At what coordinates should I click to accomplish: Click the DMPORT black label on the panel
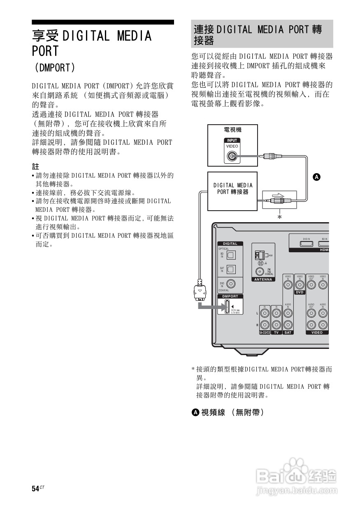(x=230, y=296)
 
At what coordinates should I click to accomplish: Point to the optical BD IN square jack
(x=231, y=255)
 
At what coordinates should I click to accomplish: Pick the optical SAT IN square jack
(x=231, y=269)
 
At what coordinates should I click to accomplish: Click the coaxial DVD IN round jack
(x=232, y=284)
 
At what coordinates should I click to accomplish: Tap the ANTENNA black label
(x=263, y=279)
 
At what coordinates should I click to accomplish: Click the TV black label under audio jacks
(x=276, y=332)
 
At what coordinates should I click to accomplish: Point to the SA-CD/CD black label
(x=265, y=332)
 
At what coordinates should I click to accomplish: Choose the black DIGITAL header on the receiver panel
(x=230, y=244)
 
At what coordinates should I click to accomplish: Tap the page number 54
(x=35, y=488)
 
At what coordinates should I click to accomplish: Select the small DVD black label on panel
(x=300, y=292)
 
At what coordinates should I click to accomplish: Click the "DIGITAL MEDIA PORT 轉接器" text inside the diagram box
(x=232, y=188)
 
